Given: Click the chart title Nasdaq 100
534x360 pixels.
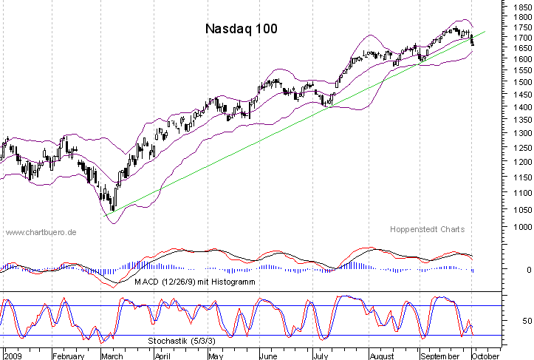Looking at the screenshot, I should point(241,29).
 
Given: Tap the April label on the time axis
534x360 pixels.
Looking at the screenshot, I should point(162,355).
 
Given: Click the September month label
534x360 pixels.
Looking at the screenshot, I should point(441,355).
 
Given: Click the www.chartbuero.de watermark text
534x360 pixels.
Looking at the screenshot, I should point(41,233).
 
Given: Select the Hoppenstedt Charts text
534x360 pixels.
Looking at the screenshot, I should point(428,229).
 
